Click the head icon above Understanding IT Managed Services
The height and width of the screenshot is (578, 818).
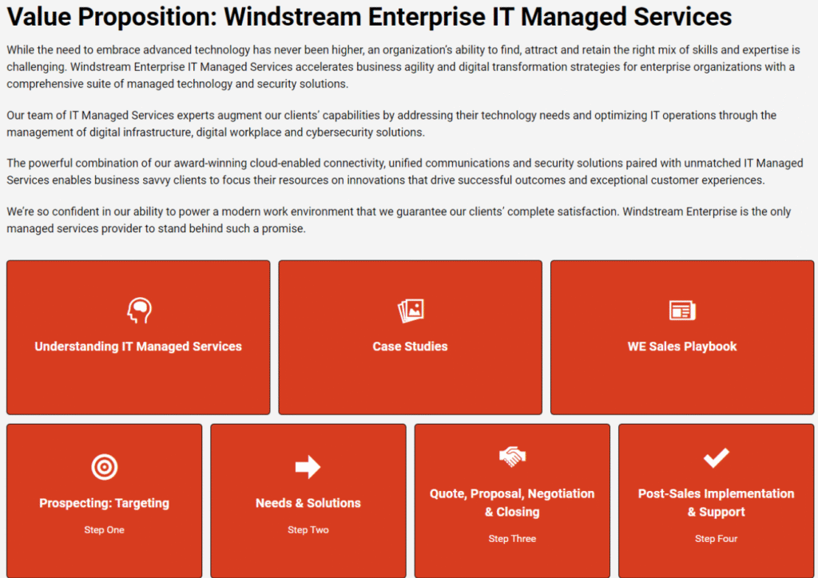point(139,310)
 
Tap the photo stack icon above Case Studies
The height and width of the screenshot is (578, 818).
point(411,311)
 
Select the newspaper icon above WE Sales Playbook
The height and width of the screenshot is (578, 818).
point(682,311)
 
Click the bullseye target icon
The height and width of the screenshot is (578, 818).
point(105,466)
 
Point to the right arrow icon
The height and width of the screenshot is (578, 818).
point(308,466)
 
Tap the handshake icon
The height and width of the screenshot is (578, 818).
point(512,457)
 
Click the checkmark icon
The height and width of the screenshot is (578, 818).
point(717,457)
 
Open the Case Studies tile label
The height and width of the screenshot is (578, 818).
point(410,346)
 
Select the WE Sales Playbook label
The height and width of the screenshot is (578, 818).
point(682,346)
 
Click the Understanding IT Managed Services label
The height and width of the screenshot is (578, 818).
point(138,346)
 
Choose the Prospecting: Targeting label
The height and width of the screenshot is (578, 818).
point(105,503)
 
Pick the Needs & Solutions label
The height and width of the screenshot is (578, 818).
point(308,503)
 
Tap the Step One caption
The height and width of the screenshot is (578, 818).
point(105,530)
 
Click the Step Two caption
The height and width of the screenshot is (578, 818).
point(308,530)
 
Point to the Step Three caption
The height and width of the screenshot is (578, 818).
point(512,539)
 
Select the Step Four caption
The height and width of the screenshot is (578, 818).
point(717,539)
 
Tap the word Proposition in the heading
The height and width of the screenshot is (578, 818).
point(147,18)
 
